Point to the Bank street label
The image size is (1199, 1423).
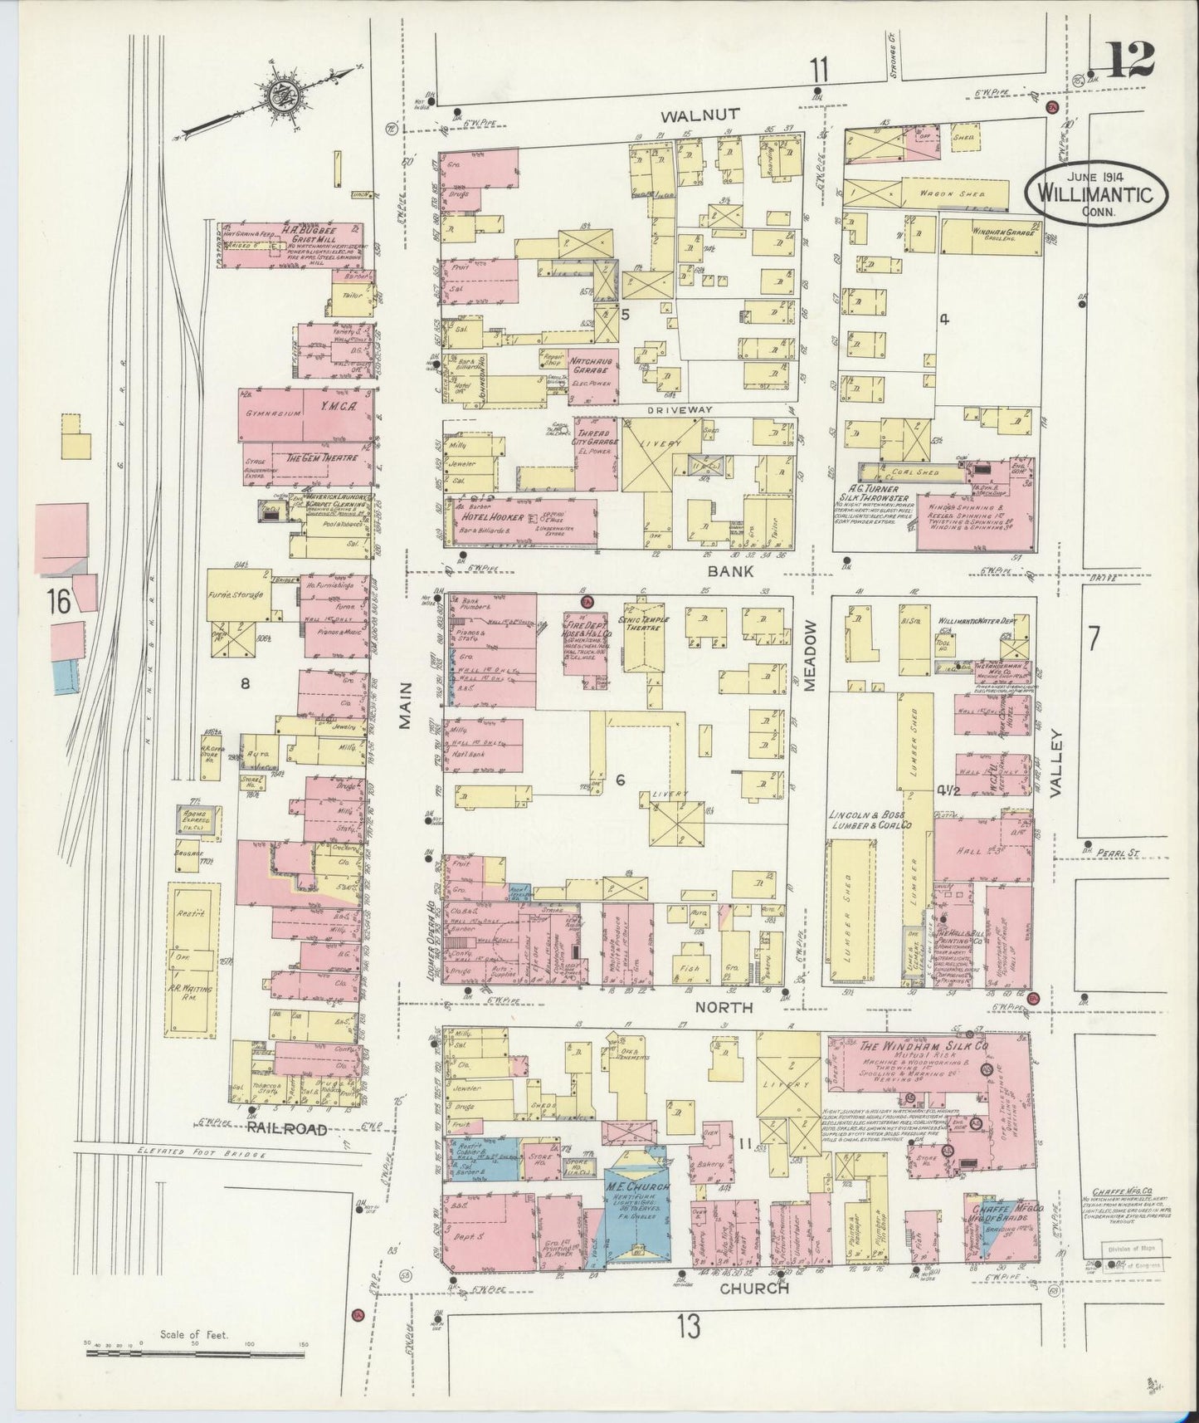731,571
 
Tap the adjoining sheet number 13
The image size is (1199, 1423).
688,1326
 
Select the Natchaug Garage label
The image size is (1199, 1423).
590,366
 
